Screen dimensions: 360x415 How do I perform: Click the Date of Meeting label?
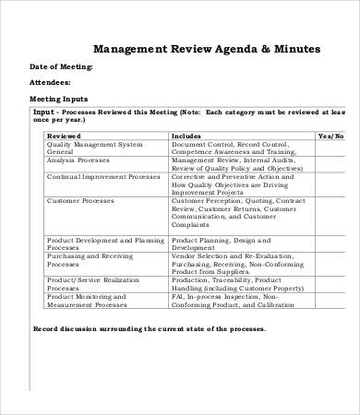coord(62,67)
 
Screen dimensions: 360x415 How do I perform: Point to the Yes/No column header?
coord(330,135)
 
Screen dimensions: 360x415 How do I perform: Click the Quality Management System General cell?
coord(94,148)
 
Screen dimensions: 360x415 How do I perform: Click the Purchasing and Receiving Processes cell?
coord(91,263)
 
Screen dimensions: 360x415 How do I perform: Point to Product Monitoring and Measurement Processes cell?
coord(93,302)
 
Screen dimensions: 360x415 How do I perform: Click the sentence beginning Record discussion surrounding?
coord(150,328)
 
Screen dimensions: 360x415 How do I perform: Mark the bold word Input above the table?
coord(44,111)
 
